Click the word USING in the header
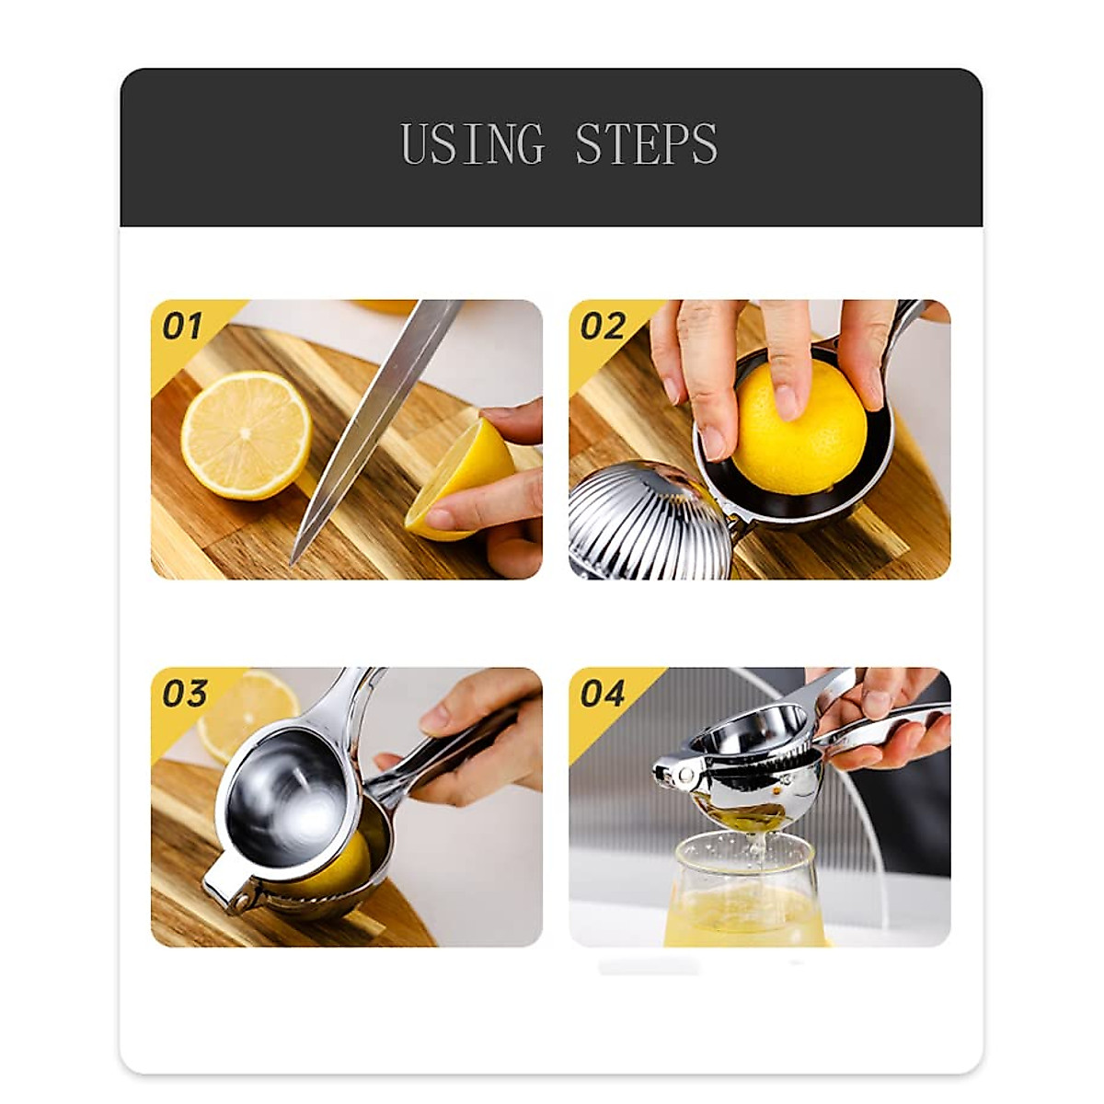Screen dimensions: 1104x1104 [x=473, y=144]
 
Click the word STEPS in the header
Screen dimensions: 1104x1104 [x=646, y=144]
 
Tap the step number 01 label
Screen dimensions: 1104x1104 [x=181, y=326]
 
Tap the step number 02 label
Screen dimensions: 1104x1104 [x=603, y=326]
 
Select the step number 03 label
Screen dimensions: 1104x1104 [x=184, y=694]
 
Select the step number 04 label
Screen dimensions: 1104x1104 [x=603, y=694]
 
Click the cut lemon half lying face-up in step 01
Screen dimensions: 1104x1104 [x=245, y=434]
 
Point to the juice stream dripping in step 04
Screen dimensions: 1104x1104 [x=757, y=842]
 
